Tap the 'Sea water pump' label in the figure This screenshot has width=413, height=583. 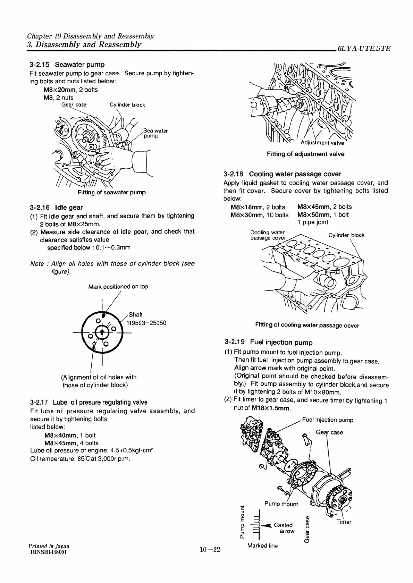click(x=155, y=133)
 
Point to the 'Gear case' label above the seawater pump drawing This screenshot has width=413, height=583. click(x=74, y=105)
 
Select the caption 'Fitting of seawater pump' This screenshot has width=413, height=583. click(x=111, y=192)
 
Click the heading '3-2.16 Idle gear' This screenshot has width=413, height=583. click(x=57, y=208)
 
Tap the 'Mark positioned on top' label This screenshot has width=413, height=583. click(x=118, y=287)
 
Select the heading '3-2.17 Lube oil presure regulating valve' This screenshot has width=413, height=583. click(x=89, y=403)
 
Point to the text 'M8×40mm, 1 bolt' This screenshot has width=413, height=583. click(x=70, y=435)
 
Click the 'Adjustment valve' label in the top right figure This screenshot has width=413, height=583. click(x=322, y=143)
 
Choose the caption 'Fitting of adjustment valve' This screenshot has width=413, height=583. click(x=305, y=154)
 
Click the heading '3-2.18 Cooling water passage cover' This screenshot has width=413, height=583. click(x=283, y=174)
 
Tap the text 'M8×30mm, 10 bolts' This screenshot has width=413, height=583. click(x=259, y=215)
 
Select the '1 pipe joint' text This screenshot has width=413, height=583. click(x=313, y=222)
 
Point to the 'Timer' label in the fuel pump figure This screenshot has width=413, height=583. click(x=344, y=522)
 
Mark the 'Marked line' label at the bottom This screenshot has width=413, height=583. click(x=262, y=546)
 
